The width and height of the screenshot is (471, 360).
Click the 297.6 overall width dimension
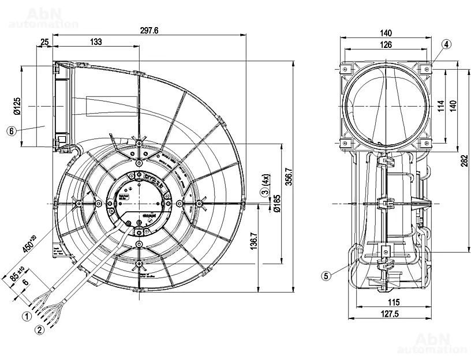149,31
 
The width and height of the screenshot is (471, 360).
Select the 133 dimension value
96,42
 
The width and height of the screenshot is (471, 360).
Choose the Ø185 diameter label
277,204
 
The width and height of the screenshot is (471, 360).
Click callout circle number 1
27,316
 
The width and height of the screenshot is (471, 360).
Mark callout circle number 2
39,330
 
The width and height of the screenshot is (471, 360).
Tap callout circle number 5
326,276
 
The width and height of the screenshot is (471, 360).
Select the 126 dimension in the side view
386,45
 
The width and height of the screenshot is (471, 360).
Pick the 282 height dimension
465,163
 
